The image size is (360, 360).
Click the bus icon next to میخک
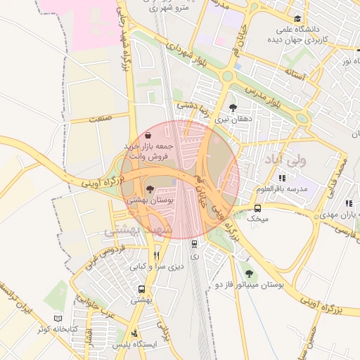click(x=258, y=208)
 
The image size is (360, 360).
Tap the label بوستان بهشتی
click(x=149, y=200)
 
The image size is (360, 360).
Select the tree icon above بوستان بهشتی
click(x=149, y=188)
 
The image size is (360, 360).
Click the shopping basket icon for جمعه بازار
click(x=148, y=134)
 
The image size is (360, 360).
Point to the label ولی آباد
click(x=285, y=160)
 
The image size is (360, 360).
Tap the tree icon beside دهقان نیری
click(x=233, y=108)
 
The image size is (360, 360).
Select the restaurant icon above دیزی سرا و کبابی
click(x=157, y=256)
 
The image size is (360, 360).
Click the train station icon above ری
click(x=195, y=243)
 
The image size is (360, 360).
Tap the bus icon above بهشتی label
click(x=142, y=289)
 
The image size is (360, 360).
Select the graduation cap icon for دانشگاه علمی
click(x=297, y=19)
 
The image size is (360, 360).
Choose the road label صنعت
click(x=101, y=120)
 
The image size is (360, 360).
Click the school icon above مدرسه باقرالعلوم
click(x=283, y=179)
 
